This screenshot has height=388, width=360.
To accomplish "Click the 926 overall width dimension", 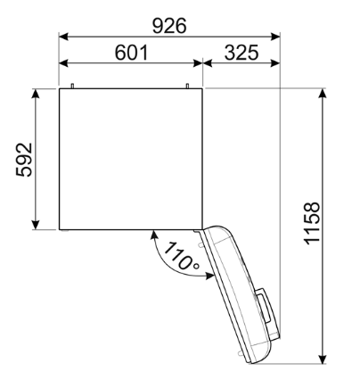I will tap(169, 26).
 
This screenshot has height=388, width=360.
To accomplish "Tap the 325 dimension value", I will tap(241, 53).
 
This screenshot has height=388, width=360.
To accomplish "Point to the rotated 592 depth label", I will tap(24, 159).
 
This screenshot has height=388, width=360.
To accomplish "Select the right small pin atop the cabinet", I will tap(189, 86).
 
